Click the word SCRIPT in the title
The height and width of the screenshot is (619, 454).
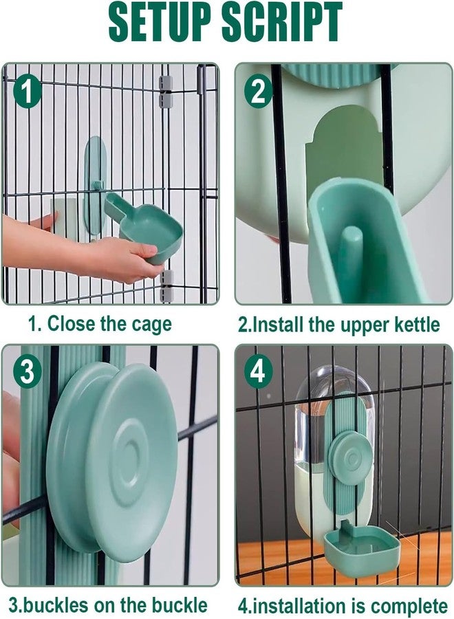[x=282, y=22]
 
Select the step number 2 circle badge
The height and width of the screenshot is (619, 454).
[x=258, y=91]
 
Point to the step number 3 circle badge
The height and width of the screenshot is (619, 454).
[x=27, y=372]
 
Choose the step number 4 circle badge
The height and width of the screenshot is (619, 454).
[x=258, y=372]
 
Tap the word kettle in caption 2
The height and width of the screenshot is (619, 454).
[x=418, y=325]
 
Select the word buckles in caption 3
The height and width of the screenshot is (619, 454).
[x=55, y=605]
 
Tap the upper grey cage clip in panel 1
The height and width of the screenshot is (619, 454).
[x=166, y=91]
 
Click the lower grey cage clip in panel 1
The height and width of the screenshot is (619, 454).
[x=166, y=287]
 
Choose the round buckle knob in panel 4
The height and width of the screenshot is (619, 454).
[x=350, y=457]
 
